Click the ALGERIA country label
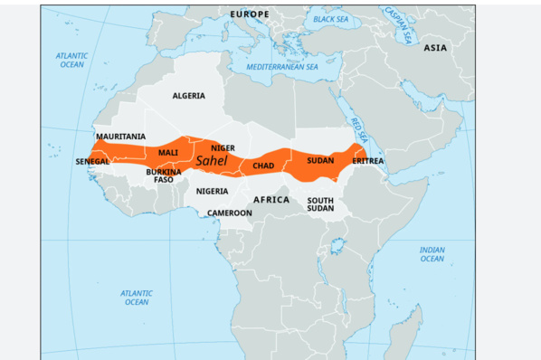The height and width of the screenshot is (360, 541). (188, 96)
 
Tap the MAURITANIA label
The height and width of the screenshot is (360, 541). (120, 137)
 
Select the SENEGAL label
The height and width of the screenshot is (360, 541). (92, 162)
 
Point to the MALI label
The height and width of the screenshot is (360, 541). (168, 153)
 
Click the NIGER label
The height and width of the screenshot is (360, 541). (223, 147)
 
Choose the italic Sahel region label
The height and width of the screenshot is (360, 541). (211, 161)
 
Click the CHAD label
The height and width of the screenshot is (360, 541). (263, 166)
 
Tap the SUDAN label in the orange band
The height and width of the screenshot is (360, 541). (320, 160)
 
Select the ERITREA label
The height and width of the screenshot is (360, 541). (368, 161)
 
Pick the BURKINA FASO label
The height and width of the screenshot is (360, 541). (164, 175)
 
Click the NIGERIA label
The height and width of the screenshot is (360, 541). (212, 192)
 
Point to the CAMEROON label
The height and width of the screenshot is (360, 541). (229, 213)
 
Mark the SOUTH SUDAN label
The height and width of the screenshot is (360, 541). (320, 204)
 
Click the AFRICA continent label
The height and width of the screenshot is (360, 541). (270, 199)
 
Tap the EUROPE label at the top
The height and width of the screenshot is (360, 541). (250, 15)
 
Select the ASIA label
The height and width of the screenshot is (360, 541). (435, 47)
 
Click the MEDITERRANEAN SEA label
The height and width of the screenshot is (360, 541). (283, 68)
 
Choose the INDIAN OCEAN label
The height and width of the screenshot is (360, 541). (432, 254)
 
